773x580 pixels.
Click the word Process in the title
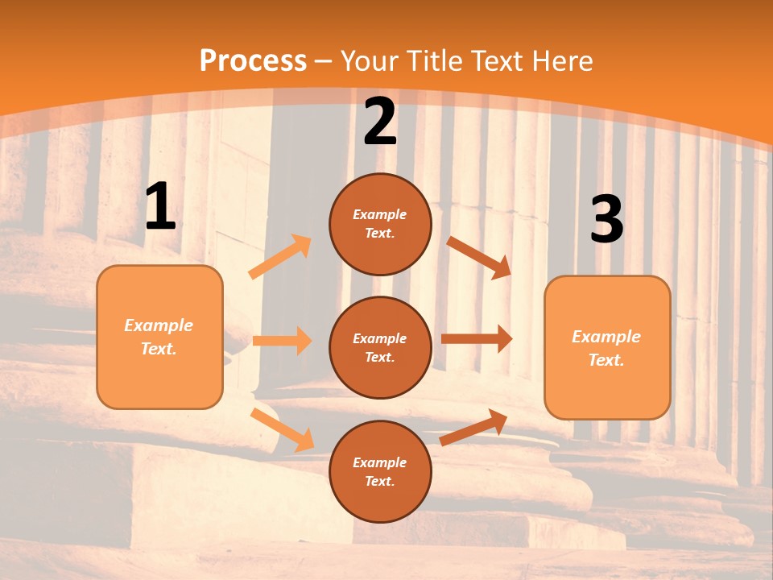[253, 61]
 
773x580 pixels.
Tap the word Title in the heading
[432, 61]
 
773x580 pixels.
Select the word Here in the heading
[561, 61]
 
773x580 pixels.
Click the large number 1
[160, 208]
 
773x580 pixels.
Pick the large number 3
[606, 220]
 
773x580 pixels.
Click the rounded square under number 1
[159, 337]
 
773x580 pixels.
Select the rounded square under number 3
[607, 348]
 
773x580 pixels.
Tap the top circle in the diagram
[380, 224]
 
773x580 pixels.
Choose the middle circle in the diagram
[380, 348]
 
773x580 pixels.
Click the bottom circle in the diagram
[380, 472]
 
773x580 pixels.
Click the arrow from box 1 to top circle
[280, 257]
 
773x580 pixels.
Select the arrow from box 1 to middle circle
[282, 341]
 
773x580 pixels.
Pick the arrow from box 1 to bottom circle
[282, 429]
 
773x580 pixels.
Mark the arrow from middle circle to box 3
[477, 339]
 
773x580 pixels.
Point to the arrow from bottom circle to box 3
[473, 427]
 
